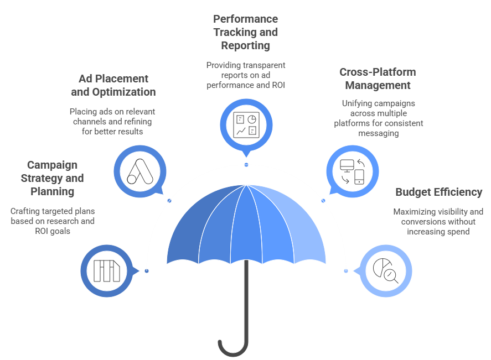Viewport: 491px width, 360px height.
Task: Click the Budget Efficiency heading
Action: pyautogui.click(x=438, y=192)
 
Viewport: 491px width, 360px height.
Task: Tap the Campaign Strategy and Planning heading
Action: pyautogui.click(x=52, y=178)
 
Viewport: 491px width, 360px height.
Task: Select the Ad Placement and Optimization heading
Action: pyautogui.click(x=113, y=85)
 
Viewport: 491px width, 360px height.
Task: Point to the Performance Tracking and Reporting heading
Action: pyautogui.click(x=246, y=32)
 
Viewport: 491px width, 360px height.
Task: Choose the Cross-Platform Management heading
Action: pyautogui.click(x=378, y=79)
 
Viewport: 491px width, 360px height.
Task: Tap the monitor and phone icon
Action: pyautogui.click(x=352, y=171)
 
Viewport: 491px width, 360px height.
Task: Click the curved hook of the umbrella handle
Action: pyautogui.click(x=231, y=348)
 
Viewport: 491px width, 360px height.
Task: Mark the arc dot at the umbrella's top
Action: pyautogui.click(x=246, y=165)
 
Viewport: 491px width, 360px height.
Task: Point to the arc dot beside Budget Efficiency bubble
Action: pyautogui.click(x=346, y=271)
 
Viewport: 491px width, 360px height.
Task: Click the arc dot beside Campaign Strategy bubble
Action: pyautogui.click(x=146, y=271)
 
